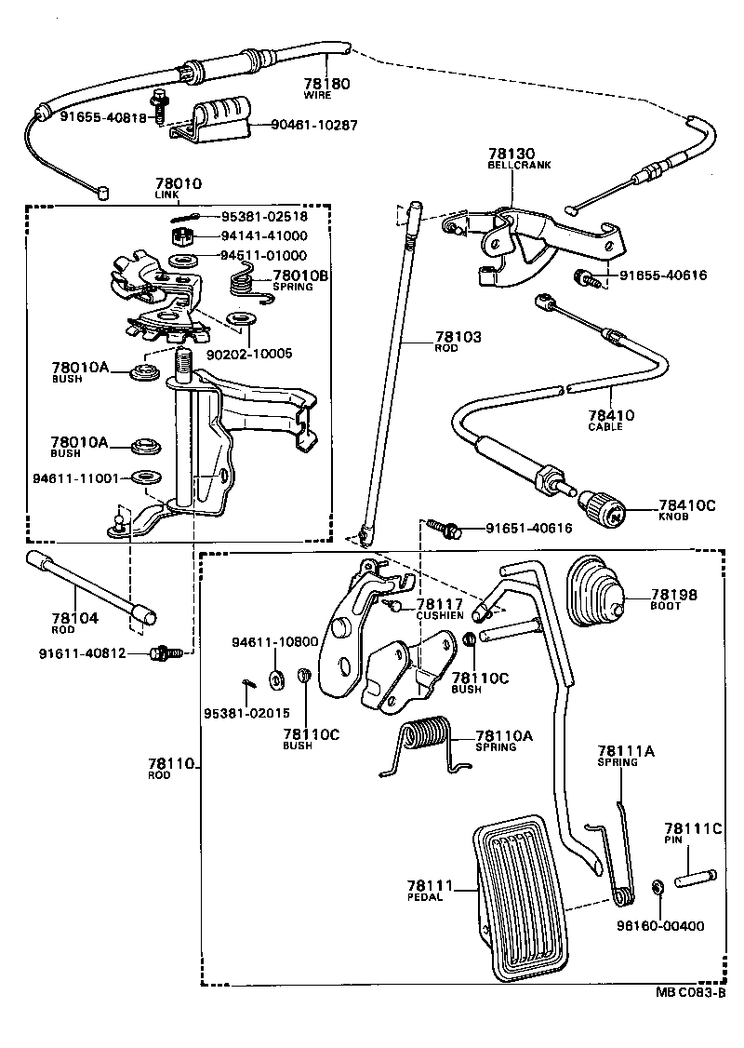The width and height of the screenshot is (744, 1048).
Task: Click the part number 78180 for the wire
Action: click(x=328, y=84)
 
